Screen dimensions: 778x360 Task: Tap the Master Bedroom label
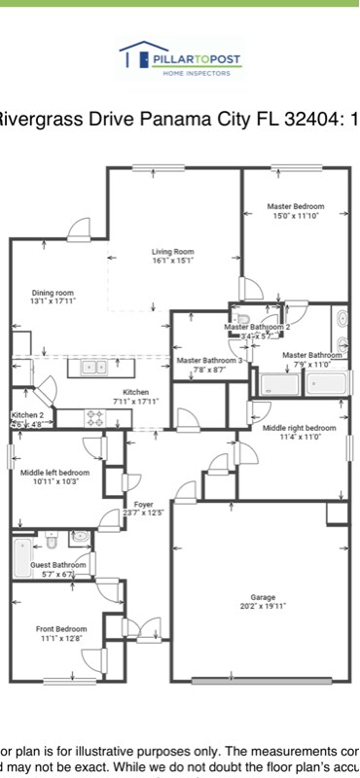[296, 206]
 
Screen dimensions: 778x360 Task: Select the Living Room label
[172, 253]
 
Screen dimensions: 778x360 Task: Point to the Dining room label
[53, 293]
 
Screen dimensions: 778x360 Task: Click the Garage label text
[264, 596]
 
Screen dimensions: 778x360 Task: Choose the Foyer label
[144, 504]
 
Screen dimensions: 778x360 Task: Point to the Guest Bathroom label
[57, 564]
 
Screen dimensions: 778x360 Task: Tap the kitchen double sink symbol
[94, 368]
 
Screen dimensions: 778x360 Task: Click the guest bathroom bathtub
[21, 558]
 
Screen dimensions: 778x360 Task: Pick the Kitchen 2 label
[26, 415]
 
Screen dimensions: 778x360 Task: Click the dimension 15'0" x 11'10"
[296, 215]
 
